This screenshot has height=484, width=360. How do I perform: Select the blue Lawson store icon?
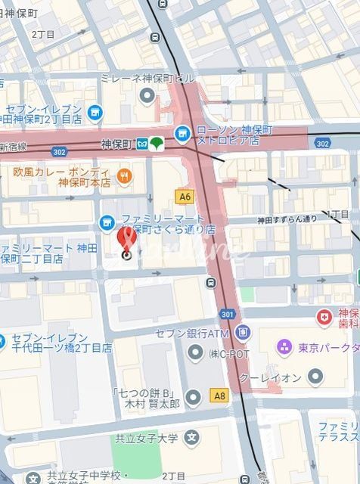[x=182, y=134]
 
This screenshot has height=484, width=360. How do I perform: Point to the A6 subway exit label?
[x=185, y=196]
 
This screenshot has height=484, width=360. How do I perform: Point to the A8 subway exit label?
[x=219, y=395]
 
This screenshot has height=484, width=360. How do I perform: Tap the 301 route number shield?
[x=227, y=313]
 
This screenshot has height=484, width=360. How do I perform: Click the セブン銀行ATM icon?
[x=242, y=332]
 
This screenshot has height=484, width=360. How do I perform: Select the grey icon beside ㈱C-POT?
[x=194, y=352]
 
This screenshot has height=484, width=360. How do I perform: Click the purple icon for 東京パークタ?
[x=284, y=347]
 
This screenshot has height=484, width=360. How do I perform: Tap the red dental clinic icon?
[x=324, y=316]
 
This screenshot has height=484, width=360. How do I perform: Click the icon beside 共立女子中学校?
[x=33, y=477]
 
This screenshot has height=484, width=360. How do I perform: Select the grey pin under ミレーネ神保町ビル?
[x=147, y=95]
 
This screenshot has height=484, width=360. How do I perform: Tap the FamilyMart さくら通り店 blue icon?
[x=107, y=222]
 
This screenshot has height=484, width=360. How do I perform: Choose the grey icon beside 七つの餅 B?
[x=193, y=397]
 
